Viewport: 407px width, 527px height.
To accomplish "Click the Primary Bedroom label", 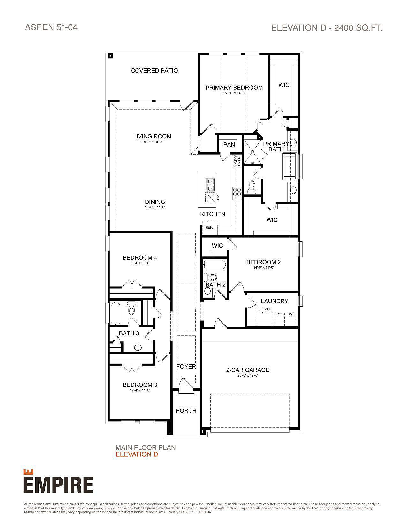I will pyautogui.click(x=234, y=88).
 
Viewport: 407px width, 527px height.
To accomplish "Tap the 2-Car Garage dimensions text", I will pyautogui.click(x=247, y=376).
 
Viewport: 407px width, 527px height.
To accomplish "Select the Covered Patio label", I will pyautogui.click(x=154, y=71).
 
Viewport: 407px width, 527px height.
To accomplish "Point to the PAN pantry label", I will pyautogui.click(x=229, y=145).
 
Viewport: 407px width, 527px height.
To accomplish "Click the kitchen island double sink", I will pyautogui.click(x=210, y=184).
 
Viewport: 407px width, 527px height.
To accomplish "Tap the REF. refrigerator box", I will pyautogui.click(x=209, y=227).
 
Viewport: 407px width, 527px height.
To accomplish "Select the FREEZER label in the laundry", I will pyautogui.click(x=264, y=309).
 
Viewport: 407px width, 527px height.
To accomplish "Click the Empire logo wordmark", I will pyautogui.click(x=58, y=485).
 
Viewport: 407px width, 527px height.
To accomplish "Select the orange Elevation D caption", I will pyautogui.click(x=137, y=454).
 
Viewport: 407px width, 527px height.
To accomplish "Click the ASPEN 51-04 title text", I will pyautogui.click(x=51, y=27).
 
